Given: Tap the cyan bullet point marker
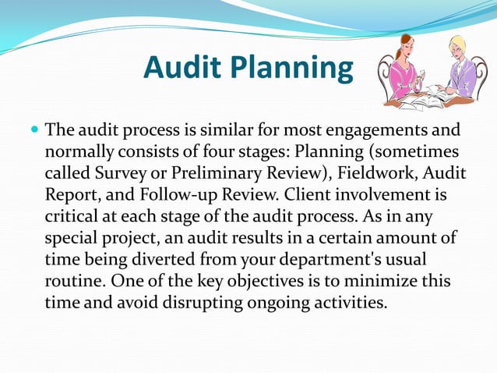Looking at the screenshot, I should [35, 128].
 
